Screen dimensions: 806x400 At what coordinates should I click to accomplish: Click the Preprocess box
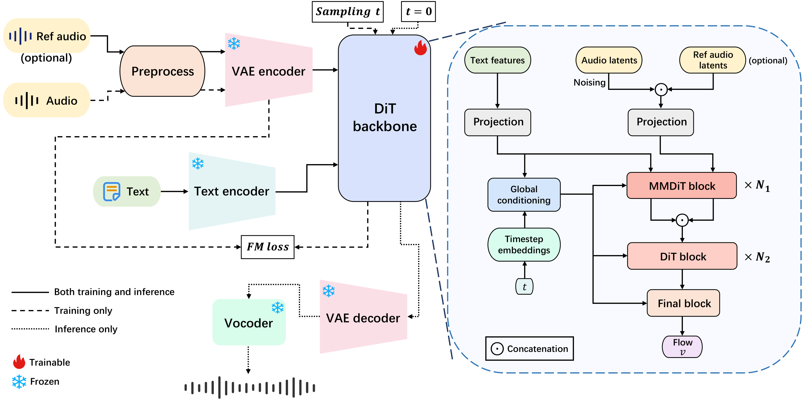pyautogui.click(x=162, y=71)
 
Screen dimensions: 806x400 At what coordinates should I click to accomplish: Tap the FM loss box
pyautogui.click(x=268, y=247)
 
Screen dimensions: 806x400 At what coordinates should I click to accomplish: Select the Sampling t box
pyautogui.click(x=348, y=11)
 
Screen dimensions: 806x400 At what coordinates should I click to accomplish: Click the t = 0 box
pyautogui.click(x=418, y=11)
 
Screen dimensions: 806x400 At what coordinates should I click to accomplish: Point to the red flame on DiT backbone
pyautogui.click(x=421, y=48)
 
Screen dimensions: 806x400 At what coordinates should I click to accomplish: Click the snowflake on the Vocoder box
pyautogui.click(x=278, y=308)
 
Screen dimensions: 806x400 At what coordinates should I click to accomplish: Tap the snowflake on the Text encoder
pyautogui.click(x=198, y=164)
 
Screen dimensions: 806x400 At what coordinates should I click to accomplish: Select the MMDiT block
pyautogui.click(x=681, y=185)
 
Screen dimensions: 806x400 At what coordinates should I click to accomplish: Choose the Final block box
pyautogui.click(x=683, y=303)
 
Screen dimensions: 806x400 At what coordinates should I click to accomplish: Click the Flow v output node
pyautogui.click(x=682, y=347)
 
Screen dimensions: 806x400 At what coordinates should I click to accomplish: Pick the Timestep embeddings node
pyautogui.click(x=524, y=245)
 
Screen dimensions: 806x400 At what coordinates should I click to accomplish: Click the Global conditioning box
pyautogui.click(x=524, y=194)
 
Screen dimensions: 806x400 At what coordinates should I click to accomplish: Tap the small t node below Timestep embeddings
pyautogui.click(x=524, y=286)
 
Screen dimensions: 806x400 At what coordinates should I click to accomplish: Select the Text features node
pyautogui.click(x=498, y=60)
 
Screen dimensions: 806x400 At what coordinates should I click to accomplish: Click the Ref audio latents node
pyautogui.click(x=713, y=60)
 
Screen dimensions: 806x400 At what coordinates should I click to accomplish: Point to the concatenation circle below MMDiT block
pyautogui.click(x=682, y=220)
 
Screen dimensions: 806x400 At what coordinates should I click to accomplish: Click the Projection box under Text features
pyautogui.click(x=498, y=122)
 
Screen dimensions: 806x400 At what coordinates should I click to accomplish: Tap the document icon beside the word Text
pyautogui.click(x=111, y=191)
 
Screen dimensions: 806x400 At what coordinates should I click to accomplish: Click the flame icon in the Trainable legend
pyautogui.click(x=19, y=362)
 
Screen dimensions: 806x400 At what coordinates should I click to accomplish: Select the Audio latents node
pyautogui.click(x=609, y=60)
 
